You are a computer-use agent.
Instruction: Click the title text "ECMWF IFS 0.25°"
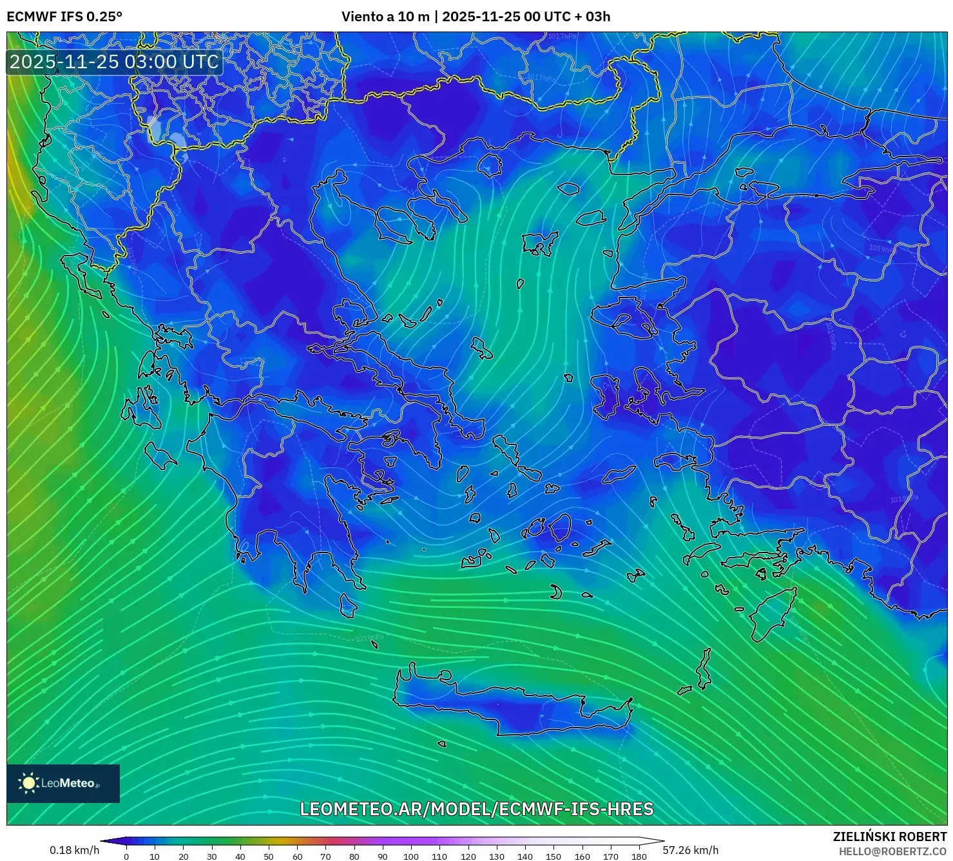coord(64,17)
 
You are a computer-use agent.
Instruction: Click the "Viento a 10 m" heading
coord(385,17)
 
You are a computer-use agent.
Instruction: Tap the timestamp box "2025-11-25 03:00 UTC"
coord(114,62)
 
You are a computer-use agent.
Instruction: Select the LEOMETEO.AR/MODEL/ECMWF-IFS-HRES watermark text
coord(477,809)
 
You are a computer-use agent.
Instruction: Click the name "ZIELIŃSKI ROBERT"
coord(890,837)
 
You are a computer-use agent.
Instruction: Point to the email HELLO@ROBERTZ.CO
coord(892,851)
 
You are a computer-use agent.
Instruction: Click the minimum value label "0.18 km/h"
coord(75,850)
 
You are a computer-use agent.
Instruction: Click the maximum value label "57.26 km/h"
coord(690,850)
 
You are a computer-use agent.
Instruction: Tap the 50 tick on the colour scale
coord(269,856)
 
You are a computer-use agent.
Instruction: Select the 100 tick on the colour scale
coord(411,856)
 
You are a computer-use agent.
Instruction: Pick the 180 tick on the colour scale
coord(639,856)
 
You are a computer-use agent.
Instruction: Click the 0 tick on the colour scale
coord(126,856)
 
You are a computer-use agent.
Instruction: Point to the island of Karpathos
coord(704,670)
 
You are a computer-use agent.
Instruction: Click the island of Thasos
coord(490,164)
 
